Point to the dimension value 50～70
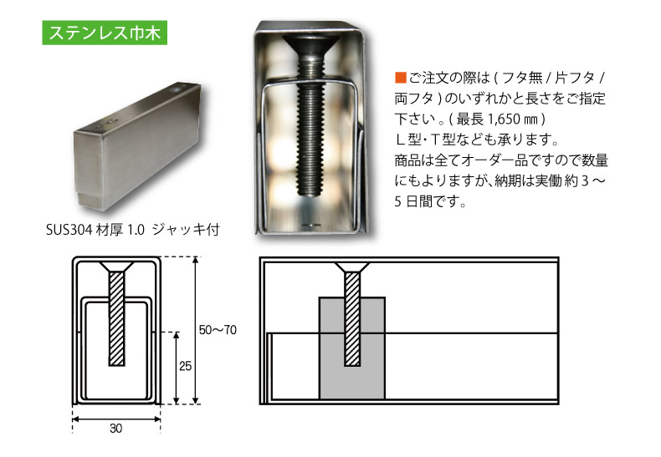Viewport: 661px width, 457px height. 219,330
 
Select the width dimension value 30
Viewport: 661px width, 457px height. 115,429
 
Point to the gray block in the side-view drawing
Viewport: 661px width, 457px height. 330,368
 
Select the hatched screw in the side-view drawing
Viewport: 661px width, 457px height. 351,317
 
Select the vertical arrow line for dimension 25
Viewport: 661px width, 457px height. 176,368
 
